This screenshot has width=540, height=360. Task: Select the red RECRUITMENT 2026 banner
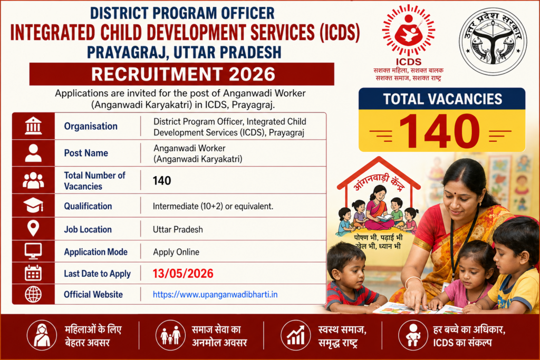pyautogui.click(x=182, y=73)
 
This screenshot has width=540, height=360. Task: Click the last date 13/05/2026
pyautogui.click(x=183, y=274)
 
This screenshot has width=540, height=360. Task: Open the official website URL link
pyautogui.click(x=215, y=295)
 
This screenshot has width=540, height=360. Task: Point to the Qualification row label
pyautogui.click(x=88, y=206)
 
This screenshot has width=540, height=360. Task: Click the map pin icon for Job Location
pyautogui.click(x=33, y=229)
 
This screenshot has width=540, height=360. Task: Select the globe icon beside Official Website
pyautogui.click(x=33, y=295)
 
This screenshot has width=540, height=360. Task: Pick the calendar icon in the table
pyautogui.click(x=33, y=273)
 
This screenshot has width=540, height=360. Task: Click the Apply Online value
pyautogui.click(x=176, y=252)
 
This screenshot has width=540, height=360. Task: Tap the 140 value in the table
pyautogui.click(x=162, y=181)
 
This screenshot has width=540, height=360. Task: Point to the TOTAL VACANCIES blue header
pyautogui.click(x=442, y=99)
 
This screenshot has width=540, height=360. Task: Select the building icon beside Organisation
pyautogui.click(x=33, y=126)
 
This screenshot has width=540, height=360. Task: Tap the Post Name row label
pyautogui.click(x=86, y=153)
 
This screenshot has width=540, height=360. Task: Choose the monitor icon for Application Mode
pyautogui.click(x=33, y=251)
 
